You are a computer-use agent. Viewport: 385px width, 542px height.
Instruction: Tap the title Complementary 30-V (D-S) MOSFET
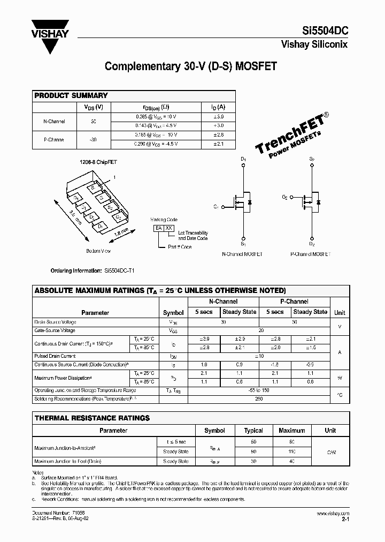191,66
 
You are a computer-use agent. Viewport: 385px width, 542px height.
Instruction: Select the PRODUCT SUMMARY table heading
71,95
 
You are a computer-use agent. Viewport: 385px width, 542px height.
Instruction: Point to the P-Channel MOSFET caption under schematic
311,254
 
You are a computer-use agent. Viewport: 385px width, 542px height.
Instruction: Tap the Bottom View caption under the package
98,251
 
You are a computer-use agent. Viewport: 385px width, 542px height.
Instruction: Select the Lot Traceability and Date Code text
192,236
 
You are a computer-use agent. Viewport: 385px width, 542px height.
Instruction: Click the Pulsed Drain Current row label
55,356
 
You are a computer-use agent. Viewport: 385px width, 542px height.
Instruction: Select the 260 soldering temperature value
259,398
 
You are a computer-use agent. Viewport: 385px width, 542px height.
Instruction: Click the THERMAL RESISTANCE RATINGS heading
92,418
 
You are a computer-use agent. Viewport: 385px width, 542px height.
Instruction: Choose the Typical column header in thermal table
253,430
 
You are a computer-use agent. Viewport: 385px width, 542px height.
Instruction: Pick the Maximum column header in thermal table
291,430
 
